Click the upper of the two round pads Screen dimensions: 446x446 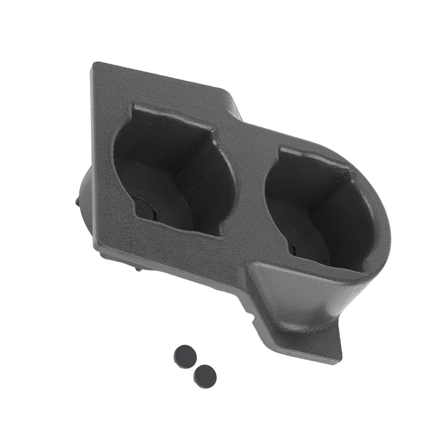click(x=185, y=356)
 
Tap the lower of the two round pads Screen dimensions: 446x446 click(x=205, y=376)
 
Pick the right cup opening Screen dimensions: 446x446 click(x=319, y=210)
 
